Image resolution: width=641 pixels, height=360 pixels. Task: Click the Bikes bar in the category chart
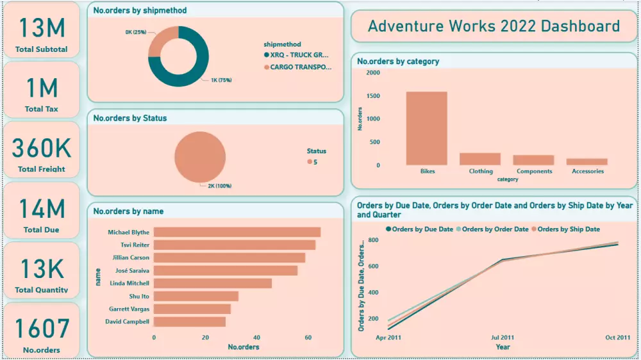pyautogui.click(x=426, y=128)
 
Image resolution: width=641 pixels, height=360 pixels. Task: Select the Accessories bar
pyautogui.click(x=587, y=161)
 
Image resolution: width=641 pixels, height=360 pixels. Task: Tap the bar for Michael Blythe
pyautogui.click(x=237, y=233)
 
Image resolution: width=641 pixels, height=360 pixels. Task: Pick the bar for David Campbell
pyautogui.click(x=189, y=322)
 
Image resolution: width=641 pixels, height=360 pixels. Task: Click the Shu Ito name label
pyautogui.click(x=138, y=296)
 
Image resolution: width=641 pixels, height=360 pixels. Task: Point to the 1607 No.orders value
pyautogui.click(x=42, y=328)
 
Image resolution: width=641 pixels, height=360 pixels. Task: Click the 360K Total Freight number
pyautogui.click(x=42, y=148)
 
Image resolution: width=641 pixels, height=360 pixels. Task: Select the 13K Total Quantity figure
pyautogui.click(x=42, y=269)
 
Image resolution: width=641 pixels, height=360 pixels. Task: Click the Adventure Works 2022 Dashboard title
pyautogui.click(x=494, y=26)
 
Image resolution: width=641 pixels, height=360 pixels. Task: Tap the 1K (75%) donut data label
pyautogui.click(x=221, y=81)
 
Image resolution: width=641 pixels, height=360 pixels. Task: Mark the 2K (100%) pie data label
pyautogui.click(x=219, y=186)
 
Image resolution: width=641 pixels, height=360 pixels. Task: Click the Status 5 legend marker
pyautogui.click(x=310, y=162)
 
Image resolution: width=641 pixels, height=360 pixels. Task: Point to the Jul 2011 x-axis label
pyautogui.click(x=503, y=337)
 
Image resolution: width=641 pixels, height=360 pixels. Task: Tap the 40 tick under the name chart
pyautogui.click(x=256, y=337)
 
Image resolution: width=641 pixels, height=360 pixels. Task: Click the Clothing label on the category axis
pyautogui.click(x=481, y=171)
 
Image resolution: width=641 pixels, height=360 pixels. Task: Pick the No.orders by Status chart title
pyautogui.click(x=130, y=118)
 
